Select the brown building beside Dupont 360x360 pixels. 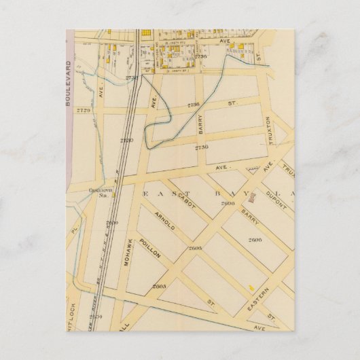(251, 198)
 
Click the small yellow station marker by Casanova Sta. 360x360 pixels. (113, 196)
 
